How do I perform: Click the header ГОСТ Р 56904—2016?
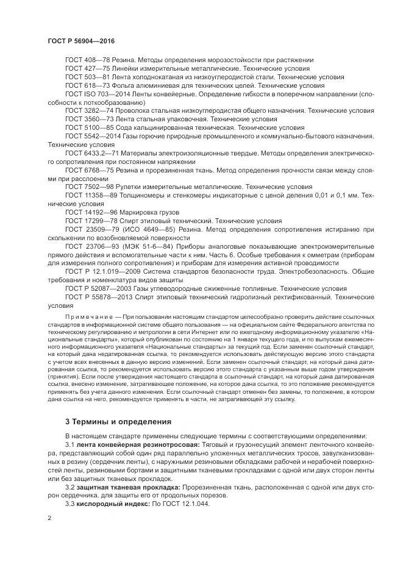click(81, 40)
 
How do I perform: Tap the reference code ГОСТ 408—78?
click(87, 60)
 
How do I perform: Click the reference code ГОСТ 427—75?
click(87, 69)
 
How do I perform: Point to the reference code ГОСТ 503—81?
click(87, 77)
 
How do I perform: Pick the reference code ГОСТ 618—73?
click(87, 86)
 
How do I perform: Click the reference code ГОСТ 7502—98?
click(89, 185)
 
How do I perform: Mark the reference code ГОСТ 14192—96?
click(91, 211)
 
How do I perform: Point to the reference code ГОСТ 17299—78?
click(91, 219)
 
